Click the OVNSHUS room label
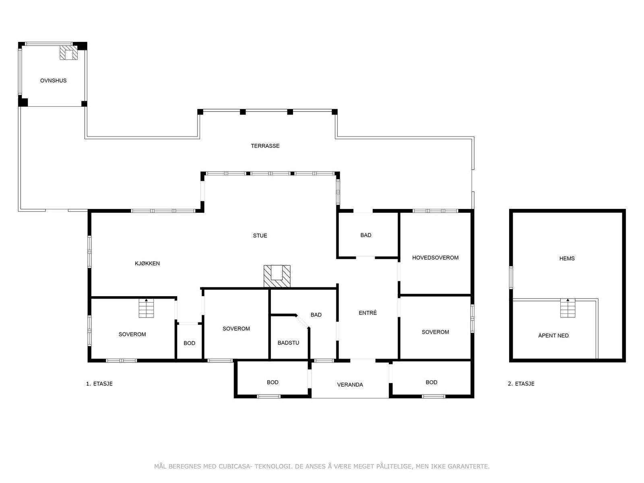[53, 80]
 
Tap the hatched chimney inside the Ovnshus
[68, 53]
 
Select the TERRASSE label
[265, 146]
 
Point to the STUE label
[260, 235]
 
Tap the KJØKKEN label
[147, 263]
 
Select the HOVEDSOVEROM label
[435, 258]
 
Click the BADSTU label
[288, 343]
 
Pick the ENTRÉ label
[367, 313]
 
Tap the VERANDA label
[350, 385]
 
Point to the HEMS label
[567, 258]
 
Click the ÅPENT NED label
[553, 335]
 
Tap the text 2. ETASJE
[521, 384]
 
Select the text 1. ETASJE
[99, 384]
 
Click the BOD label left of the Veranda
[272, 382]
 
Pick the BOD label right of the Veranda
[431, 382]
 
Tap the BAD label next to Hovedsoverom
[365, 235]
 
